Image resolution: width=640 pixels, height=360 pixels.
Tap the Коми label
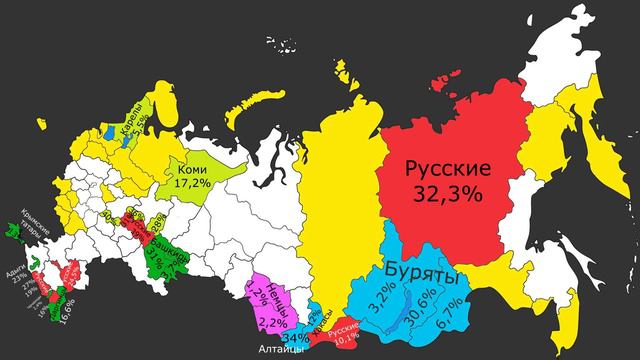click(192, 168)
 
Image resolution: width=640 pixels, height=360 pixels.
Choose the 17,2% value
click(193, 184)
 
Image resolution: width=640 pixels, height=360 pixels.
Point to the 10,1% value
click(343, 337)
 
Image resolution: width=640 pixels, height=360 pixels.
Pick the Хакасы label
click(318, 314)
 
